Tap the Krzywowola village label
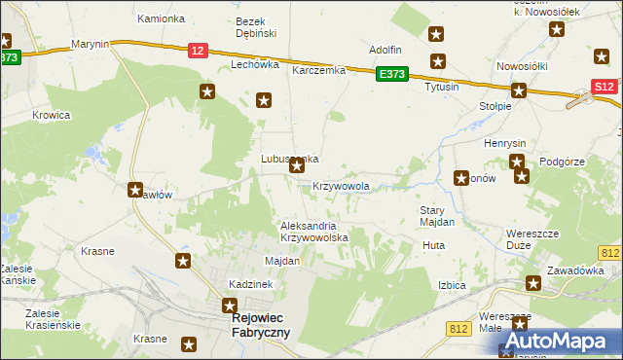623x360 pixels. (341, 185)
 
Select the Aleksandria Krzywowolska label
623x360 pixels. (313, 232)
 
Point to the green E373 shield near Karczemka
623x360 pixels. (392, 73)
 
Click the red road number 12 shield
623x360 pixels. (199, 51)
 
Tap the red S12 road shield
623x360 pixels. (604, 87)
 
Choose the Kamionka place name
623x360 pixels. (161, 18)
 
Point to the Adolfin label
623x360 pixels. (385, 49)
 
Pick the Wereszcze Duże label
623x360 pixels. (531, 239)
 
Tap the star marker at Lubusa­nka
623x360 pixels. (297, 167)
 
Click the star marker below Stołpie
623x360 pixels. (519, 92)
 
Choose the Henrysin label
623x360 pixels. (504, 143)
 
